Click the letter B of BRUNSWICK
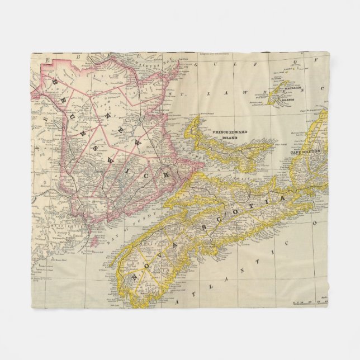54,83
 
